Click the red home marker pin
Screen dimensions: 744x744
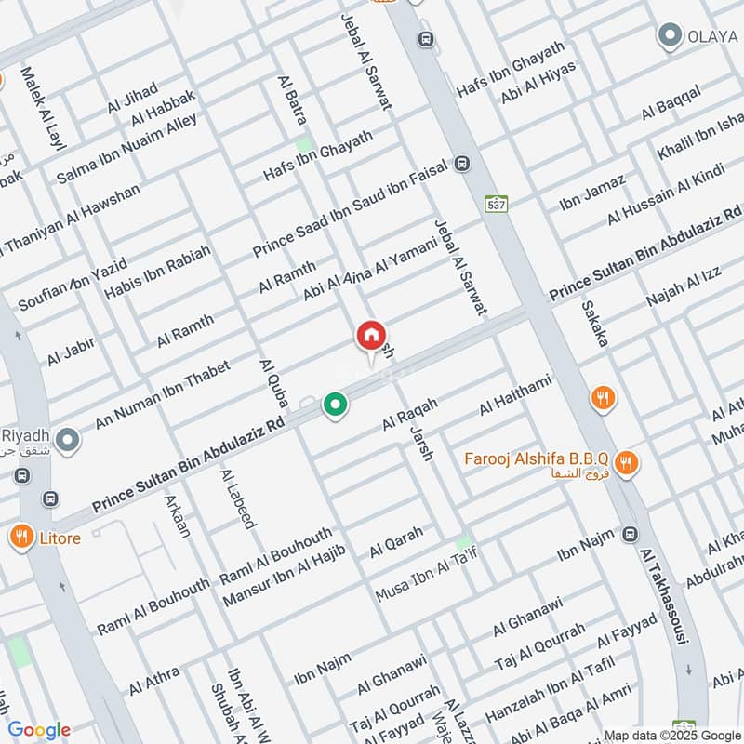tap(369, 336)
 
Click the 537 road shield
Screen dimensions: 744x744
tap(494, 203)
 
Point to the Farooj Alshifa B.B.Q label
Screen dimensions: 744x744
tap(538, 460)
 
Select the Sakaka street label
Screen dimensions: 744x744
tap(594, 324)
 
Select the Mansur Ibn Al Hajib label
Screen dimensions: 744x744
tap(284, 577)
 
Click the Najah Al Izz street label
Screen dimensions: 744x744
tap(684, 286)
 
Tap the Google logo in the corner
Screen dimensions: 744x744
tap(39, 730)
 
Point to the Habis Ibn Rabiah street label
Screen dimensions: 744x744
tap(157, 272)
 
